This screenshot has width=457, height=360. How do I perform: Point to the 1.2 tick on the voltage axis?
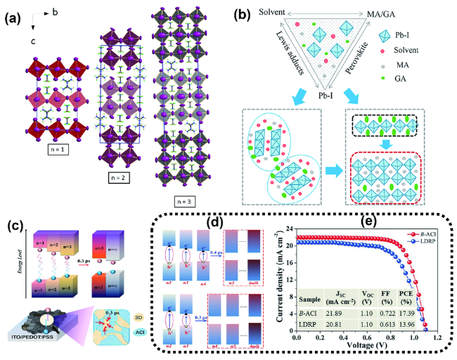point(437,339)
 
